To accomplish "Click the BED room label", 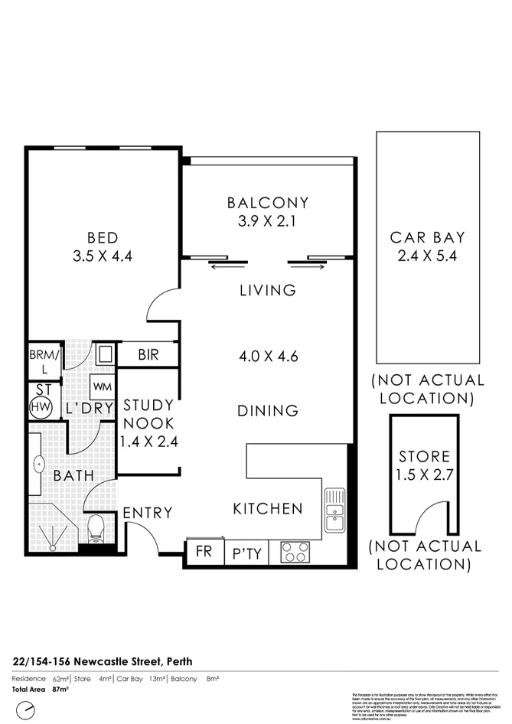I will (103, 236).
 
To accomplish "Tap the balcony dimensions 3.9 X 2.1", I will (267, 222).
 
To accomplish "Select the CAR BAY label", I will (427, 237).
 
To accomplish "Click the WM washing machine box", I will (102, 383).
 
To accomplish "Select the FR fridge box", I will (204, 550).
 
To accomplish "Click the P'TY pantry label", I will (247, 553).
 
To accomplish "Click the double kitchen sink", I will (334, 510).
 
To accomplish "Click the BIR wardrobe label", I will (148, 355).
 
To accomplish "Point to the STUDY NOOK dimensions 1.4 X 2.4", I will (148, 441).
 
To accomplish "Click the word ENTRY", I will (148, 513).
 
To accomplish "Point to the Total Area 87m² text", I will (41, 690).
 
